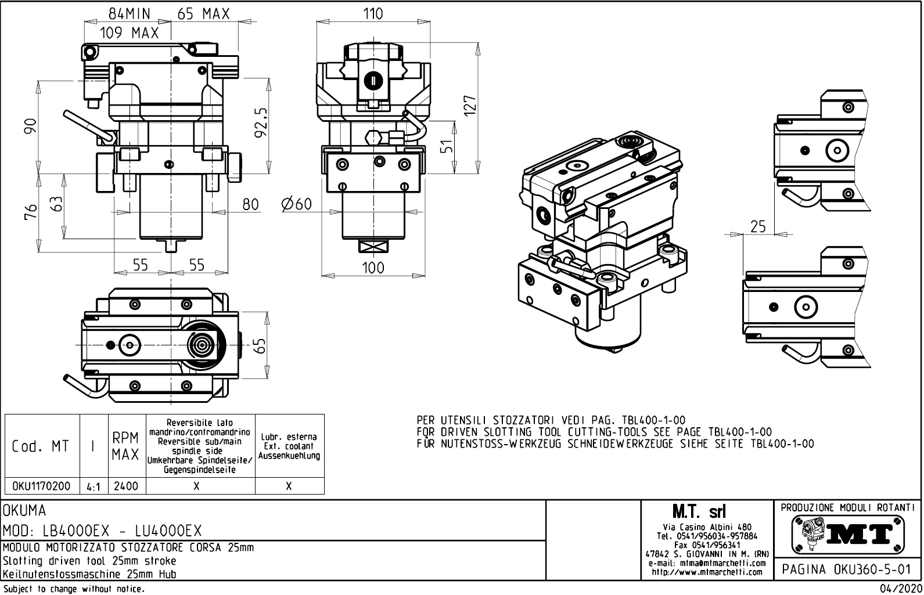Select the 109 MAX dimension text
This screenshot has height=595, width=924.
[x=129, y=33]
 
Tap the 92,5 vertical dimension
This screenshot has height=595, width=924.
[x=260, y=122]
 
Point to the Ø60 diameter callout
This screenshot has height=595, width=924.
[x=296, y=204]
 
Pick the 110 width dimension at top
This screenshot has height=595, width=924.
[x=373, y=14]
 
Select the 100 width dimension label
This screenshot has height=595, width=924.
[x=373, y=268]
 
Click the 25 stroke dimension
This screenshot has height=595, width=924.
[x=757, y=226]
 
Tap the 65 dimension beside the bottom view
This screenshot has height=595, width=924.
[x=261, y=345]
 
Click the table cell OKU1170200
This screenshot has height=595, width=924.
[x=41, y=486]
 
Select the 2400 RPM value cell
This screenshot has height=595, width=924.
[x=126, y=486]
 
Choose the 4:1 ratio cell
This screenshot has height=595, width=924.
[x=93, y=486]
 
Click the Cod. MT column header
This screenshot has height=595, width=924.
[x=41, y=446]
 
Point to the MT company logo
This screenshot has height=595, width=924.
[x=847, y=534]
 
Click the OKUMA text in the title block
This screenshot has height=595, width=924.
[x=24, y=511]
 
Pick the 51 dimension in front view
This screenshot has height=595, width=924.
[x=446, y=147]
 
